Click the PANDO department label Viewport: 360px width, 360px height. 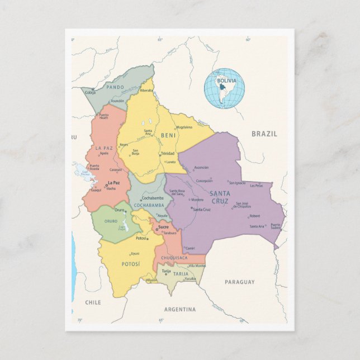click(115, 87)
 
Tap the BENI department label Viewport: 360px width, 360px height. click(168, 135)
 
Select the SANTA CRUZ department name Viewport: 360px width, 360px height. click(220, 197)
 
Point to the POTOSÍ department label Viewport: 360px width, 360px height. click(131, 263)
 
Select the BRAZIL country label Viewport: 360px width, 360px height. click(264, 134)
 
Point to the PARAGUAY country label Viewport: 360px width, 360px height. click(239, 282)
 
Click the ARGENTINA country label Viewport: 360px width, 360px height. click(180, 309)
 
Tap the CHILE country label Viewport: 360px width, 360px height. click(93, 301)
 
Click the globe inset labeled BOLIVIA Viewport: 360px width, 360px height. click(224, 88)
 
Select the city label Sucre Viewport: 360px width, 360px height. click(163, 227)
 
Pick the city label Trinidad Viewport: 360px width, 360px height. click(168, 153)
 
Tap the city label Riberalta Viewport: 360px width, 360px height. click(146, 90)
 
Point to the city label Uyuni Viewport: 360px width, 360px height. click(135, 253)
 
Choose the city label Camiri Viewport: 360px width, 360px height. click(190, 248)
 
